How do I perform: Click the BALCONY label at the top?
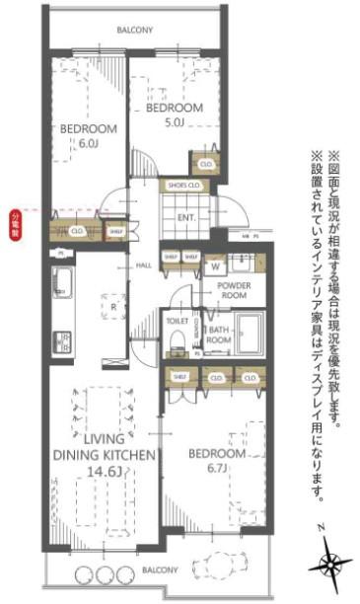click(134, 31)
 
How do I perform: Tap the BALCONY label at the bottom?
click(158, 570)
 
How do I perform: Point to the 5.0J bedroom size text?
click(175, 122)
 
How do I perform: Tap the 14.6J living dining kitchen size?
click(105, 472)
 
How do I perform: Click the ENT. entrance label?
click(186, 218)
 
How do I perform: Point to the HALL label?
click(143, 265)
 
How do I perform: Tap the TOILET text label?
click(178, 321)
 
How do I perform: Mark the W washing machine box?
click(215, 265)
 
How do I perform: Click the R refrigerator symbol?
click(115, 307)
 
